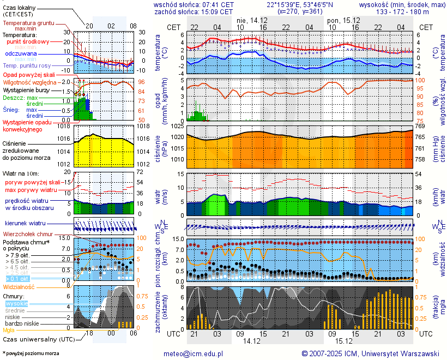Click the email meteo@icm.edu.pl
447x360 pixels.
coord(194,353)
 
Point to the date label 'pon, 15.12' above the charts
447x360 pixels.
coord(340,20)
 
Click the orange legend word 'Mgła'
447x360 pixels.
coord(9,330)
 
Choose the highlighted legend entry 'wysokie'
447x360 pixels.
coord(16,303)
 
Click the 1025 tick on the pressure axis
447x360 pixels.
coord(176,127)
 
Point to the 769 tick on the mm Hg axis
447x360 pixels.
coord(420,127)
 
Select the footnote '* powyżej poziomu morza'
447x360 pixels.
coord(31,353)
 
